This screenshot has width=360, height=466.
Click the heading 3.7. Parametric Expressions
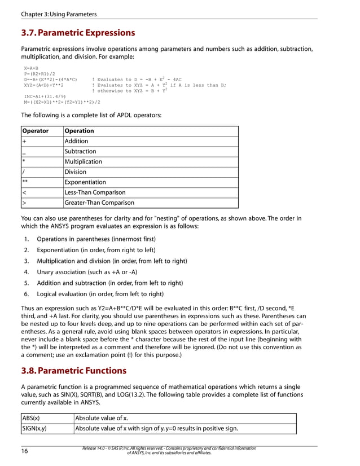pos(78,33)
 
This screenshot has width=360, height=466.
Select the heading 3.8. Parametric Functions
pos(73,371)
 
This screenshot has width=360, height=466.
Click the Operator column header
pos(35,131)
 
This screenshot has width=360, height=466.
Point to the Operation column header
pos(80,131)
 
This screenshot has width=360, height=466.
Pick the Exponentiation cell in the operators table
pos(85,182)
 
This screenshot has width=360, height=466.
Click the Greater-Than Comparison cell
pos(99,203)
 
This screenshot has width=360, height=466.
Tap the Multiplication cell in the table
pos(84,161)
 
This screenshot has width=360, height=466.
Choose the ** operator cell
pos(25,182)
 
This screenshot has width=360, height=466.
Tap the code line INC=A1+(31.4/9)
pos(44,96)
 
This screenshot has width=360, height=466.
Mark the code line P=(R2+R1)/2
pos(39,74)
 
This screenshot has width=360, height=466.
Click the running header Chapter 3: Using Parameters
pos(59,14)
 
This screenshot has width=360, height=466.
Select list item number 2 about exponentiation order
pos(96,250)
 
